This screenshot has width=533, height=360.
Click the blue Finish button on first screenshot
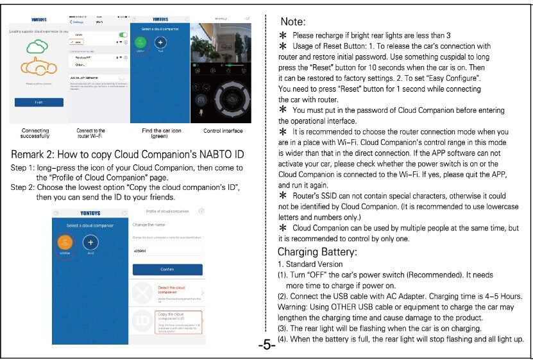(x=39, y=101)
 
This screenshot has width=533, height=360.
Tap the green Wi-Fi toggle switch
(x=123, y=34)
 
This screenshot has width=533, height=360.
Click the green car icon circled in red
(x=141, y=42)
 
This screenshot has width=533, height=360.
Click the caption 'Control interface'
(x=223, y=131)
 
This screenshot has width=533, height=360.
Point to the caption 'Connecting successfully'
(x=35, y=133)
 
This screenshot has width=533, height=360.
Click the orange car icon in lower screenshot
(x=65, y=242)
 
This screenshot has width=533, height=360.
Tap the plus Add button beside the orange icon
(x=90, y=243)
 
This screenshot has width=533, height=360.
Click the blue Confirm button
(x=167, y=270)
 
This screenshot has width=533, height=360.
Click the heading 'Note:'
(x=293, y=22)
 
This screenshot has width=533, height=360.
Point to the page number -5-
(x=267, y=346)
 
